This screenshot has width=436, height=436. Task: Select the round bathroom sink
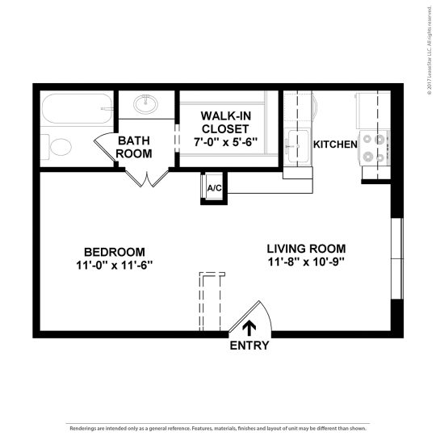(x=148, y=103)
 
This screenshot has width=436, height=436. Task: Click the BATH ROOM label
(x=135, y=146)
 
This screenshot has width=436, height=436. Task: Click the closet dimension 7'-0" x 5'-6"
(x=225, y=143)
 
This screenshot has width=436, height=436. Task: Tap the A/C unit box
(x=214, y=188)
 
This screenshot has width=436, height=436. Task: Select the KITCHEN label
(x=335, y=145)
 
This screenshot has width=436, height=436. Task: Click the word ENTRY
(x=249, y=346)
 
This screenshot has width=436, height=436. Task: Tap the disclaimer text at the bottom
(x=218, y=428)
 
